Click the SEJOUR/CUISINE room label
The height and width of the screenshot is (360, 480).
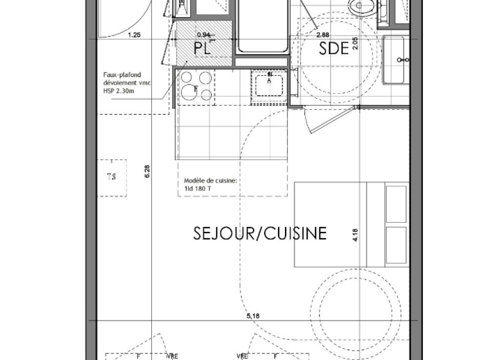[x=260, y=233]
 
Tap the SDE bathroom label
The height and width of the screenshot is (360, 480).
[x=333, y=49]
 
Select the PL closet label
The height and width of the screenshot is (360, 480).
[x=202, y=49]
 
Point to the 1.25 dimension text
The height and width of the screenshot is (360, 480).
[x=134, y=35]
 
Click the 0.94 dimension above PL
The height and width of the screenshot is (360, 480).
[x=203, y=35]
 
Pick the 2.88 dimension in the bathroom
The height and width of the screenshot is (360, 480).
[x=322, y=35]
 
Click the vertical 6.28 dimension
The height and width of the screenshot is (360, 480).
[x=147, y=172]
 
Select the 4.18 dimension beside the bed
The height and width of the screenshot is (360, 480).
[x=355, y=234]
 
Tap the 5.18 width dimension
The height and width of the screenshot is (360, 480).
[x=253, y=317]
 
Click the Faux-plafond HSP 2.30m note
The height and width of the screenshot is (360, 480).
[x=127, y=83]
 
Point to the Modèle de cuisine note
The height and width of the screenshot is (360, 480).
[x=210, y=184]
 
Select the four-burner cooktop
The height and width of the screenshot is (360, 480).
[x=196, y=86]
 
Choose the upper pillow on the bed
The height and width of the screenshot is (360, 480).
[x=396, y=204]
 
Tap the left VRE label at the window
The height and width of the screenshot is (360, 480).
[x=172, y=356]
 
